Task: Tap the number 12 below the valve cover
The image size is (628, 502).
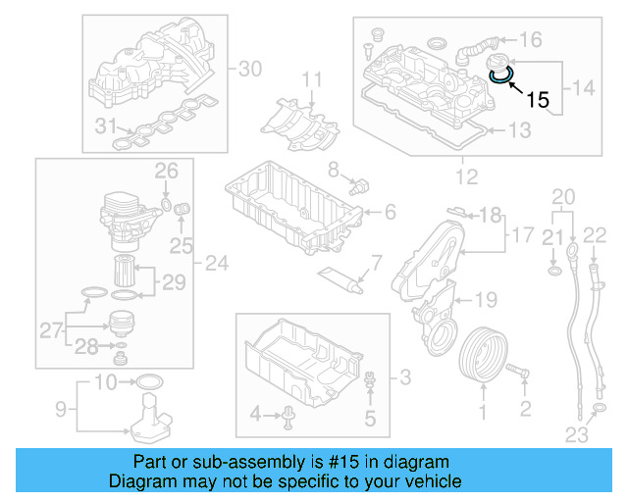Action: point(467,177)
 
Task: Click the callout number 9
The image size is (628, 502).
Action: point(60,406)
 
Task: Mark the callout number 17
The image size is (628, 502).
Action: point(521,235)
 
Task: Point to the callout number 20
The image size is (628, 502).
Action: point(561,196)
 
